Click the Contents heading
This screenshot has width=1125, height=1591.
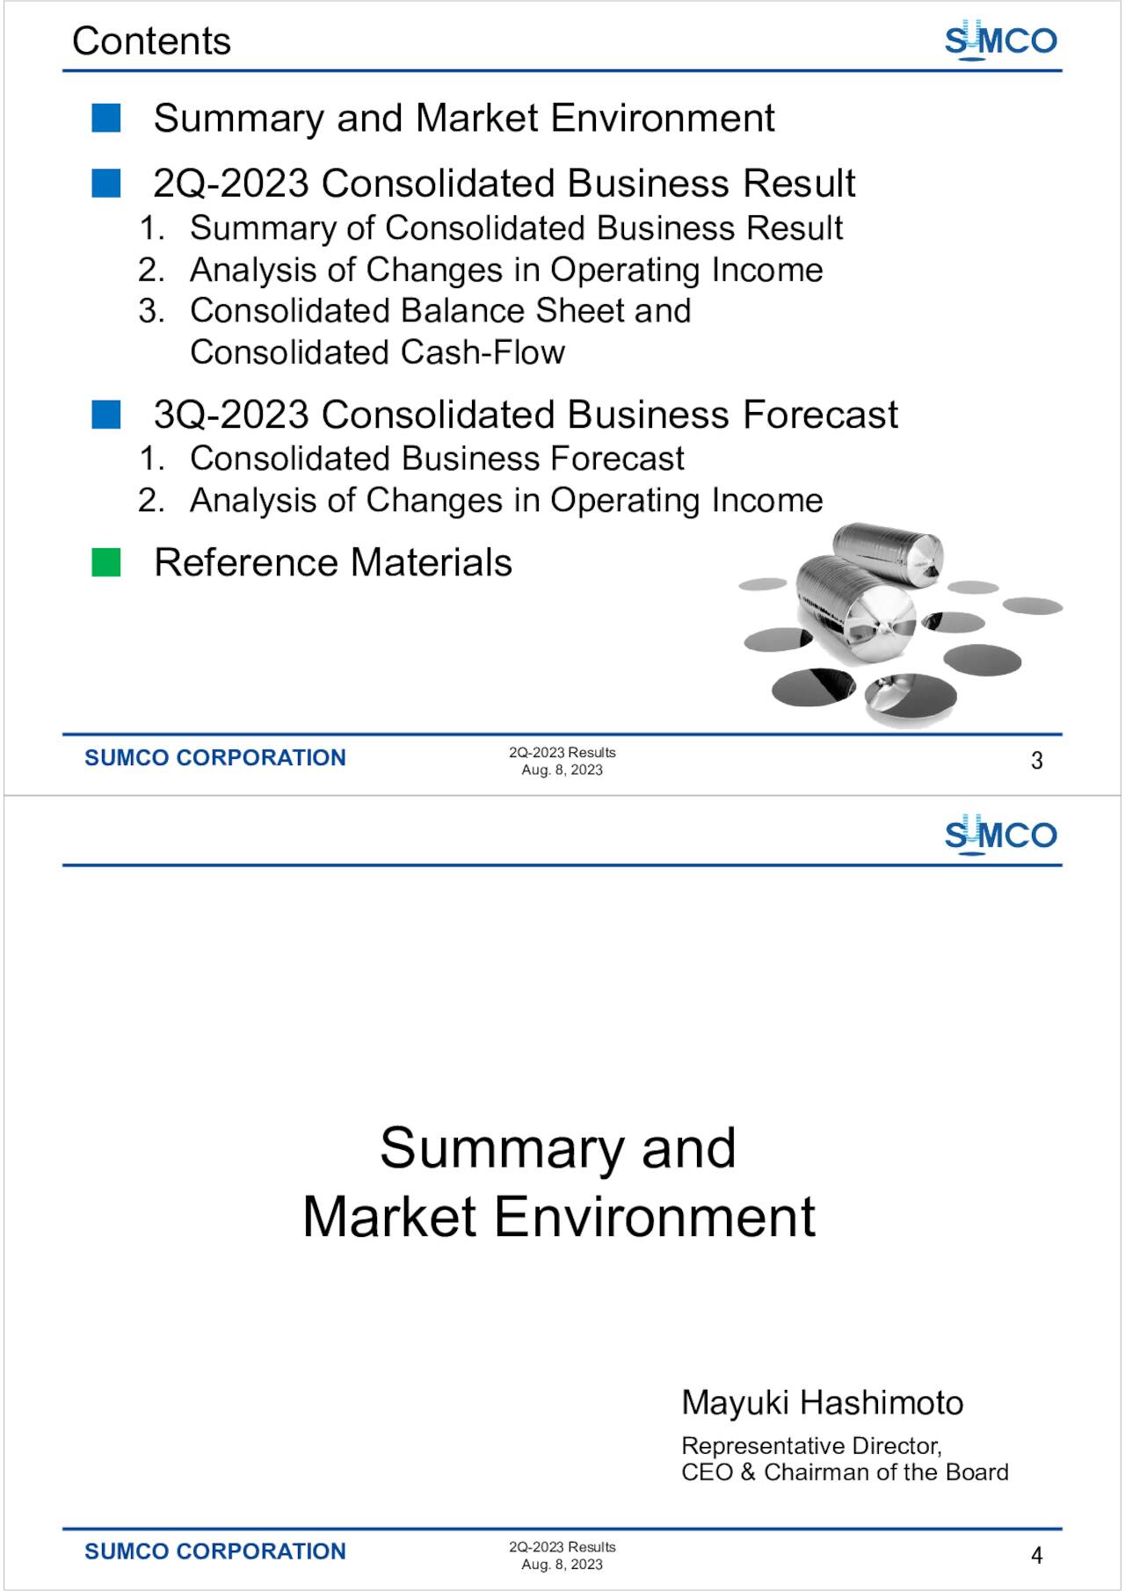(151, 41)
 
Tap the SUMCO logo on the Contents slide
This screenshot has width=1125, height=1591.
(1000, 40)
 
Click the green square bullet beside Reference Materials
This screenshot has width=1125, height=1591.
(106, 562)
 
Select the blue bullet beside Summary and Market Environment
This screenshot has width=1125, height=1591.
(106, 118)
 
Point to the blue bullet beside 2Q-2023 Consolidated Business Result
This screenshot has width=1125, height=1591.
(106, 183)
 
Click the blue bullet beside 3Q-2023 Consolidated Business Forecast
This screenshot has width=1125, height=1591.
(106, 414)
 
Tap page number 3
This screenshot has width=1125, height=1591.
(1037, 761)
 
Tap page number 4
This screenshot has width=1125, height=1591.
(1037, 1556)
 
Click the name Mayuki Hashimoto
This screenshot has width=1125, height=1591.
(822, 1403)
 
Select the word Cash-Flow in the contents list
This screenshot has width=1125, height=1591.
(483, 352)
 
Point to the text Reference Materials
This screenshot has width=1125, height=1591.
(332, 562)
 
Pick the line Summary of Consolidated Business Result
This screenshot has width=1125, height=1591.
(516, 228)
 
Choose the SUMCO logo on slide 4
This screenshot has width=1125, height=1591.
(1000, 835)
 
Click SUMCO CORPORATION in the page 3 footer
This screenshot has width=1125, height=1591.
(215, 757)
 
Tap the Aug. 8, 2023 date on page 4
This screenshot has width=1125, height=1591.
(562, 1565)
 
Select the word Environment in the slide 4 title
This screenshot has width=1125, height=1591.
(655, 1217)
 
